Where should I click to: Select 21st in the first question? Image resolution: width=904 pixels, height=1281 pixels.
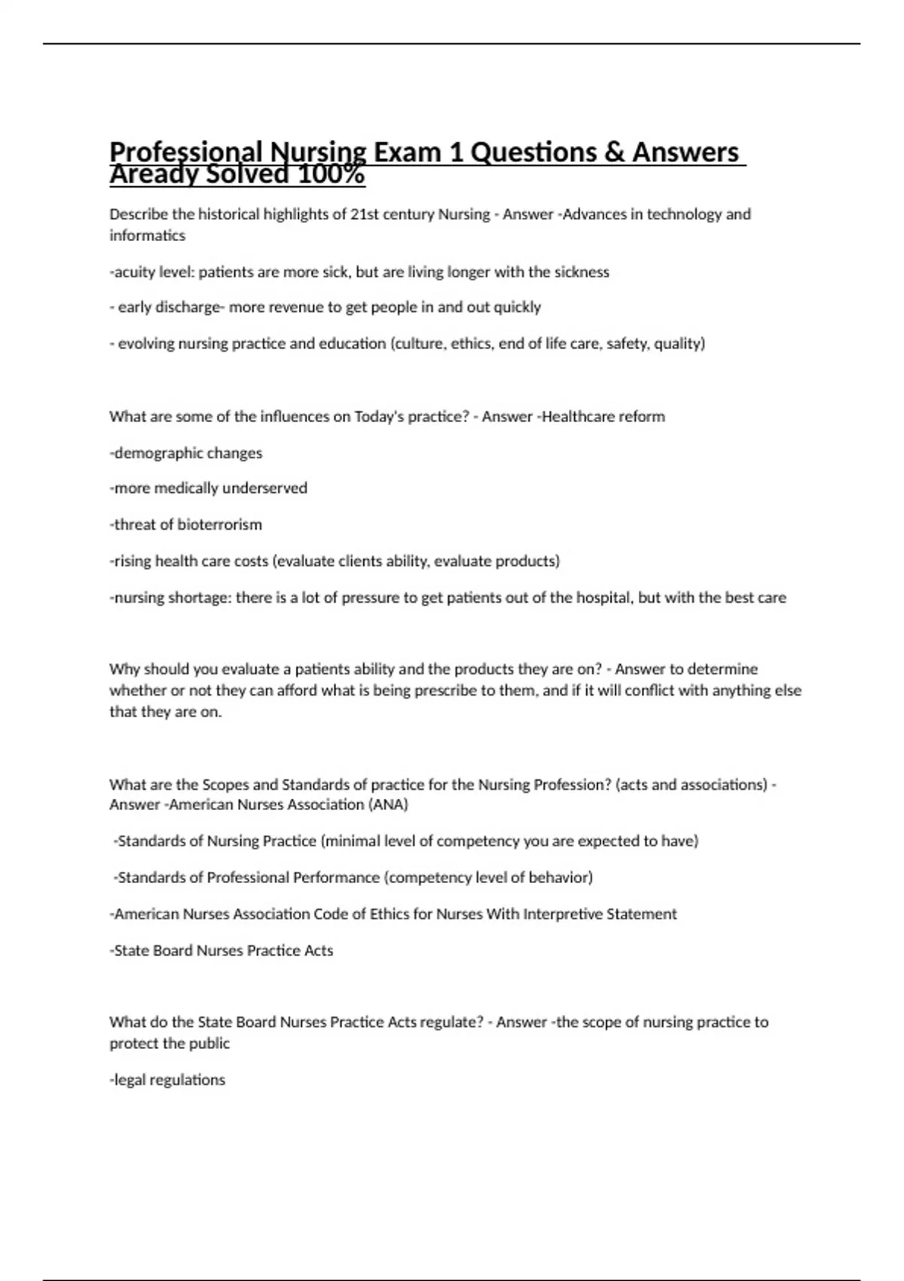pos(365,214)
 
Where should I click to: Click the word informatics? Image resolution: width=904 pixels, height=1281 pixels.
pos(147,235)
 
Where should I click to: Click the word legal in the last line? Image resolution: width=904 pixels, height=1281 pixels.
pos(130,1080)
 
